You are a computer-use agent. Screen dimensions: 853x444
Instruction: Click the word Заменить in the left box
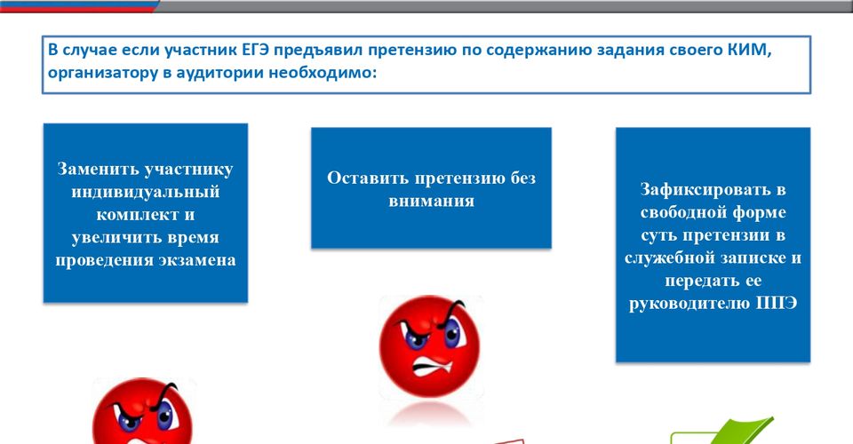click(99, 169)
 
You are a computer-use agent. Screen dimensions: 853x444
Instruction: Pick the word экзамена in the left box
click(197, 260)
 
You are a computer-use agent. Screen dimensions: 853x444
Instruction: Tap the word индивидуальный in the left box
click(145, 193)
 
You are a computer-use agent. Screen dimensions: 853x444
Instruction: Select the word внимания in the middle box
click(432, 202)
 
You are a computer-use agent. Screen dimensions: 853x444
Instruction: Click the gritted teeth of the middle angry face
click(434, 367)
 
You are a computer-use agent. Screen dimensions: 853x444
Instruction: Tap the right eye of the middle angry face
click(452, 333)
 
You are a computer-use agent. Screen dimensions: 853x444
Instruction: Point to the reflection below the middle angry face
click(430, 414)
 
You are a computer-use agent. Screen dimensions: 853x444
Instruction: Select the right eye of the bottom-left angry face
click(164, 415)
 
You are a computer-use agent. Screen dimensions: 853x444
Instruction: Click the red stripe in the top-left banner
click(76, 9)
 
